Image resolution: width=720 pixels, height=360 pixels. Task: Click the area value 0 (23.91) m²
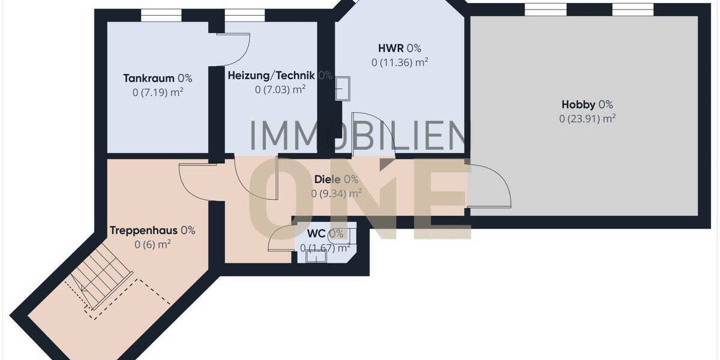click(x=587, y=119)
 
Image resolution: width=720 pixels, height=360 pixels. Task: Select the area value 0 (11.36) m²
click(x=399, y=62)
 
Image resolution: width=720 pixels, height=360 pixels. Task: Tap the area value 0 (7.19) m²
click(x=157, y=92)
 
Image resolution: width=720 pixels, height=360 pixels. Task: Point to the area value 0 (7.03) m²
click(x=280, y=90)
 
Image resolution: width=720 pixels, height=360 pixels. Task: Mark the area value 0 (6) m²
click(x=152, y=244)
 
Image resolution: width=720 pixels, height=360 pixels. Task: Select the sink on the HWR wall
click(x=343, y=89)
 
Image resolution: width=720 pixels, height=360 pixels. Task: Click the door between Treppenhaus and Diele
click(x=197, y=180)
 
